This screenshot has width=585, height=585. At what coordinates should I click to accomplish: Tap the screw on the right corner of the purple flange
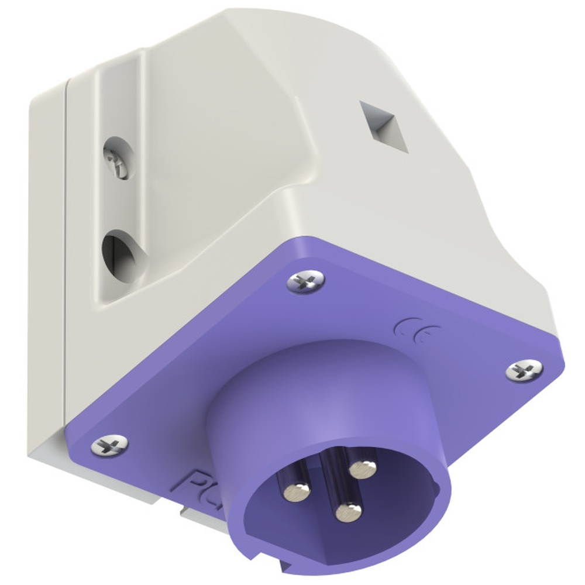pos(524,370)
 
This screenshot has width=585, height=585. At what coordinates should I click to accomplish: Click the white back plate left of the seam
pos(47,263)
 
